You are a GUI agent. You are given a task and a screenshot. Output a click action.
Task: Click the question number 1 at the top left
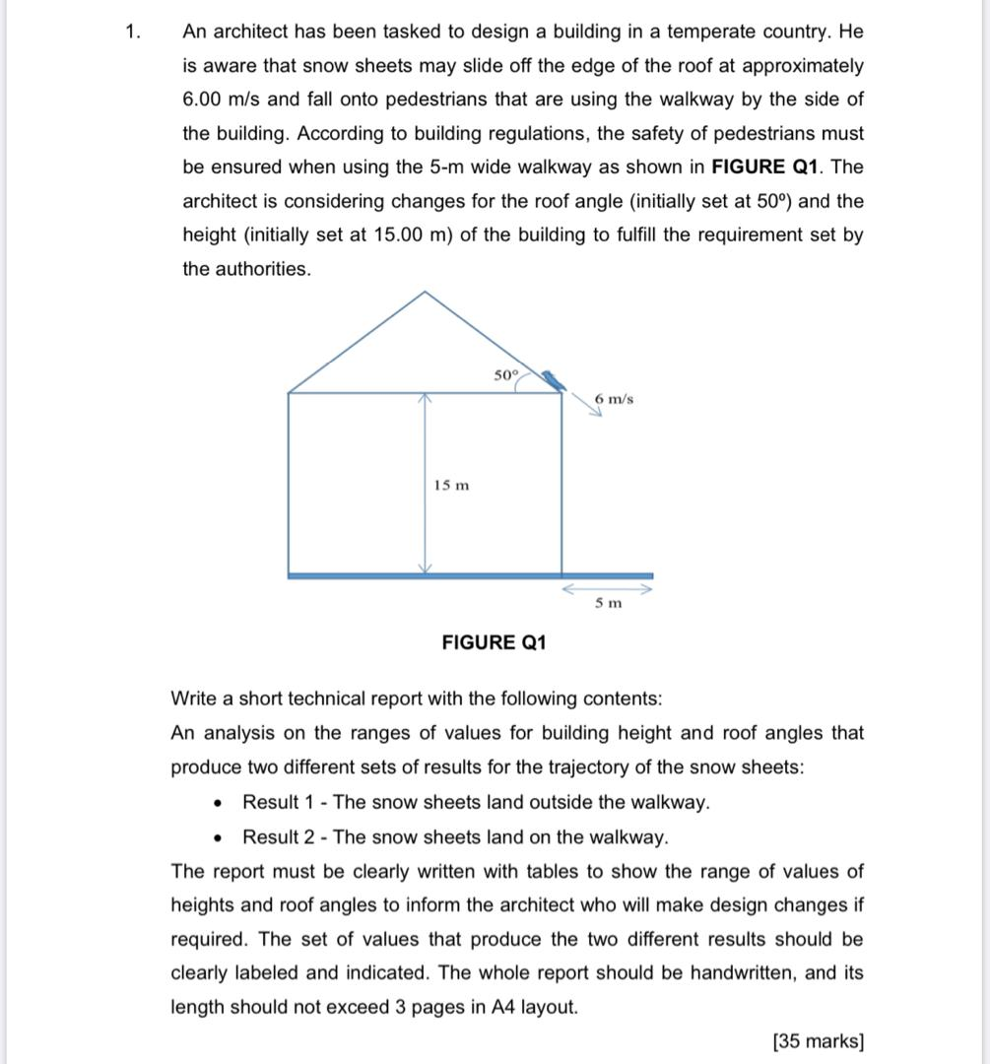point(132,32)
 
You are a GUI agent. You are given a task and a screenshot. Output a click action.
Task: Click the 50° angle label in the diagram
point(504,375)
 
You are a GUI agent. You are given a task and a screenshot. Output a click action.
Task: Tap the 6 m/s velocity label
point(615,398)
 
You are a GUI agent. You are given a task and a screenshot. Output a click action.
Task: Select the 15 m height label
point(451,485)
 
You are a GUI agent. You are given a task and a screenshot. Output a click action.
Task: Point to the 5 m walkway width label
point(608,603)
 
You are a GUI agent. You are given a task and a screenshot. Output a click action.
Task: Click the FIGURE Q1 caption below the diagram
point(494,642)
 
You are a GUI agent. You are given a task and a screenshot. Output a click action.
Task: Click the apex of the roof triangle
point(426,292)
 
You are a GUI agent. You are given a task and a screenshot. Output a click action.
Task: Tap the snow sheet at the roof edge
point(552,380)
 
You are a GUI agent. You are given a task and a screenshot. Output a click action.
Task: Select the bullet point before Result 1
point(218,803)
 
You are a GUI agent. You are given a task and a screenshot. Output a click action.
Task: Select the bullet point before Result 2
point(218,837)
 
